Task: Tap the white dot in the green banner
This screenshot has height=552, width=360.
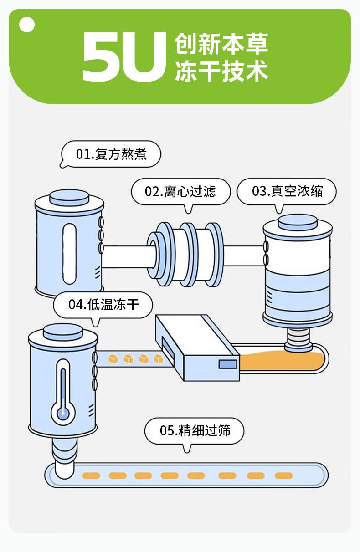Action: tap(27, 25)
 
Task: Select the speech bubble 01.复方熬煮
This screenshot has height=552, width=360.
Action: tap(111, 154)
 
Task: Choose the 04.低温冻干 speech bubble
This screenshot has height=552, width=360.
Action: tap(103, 304)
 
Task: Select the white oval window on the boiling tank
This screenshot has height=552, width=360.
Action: tap(68, 254)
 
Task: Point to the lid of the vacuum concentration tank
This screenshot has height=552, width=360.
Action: tap(298, 223)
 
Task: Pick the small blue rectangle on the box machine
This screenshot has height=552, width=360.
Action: tap(227, 364)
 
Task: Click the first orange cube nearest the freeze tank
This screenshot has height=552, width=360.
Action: tap(113, 359)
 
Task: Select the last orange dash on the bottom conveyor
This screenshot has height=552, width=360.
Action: tap(283, 476)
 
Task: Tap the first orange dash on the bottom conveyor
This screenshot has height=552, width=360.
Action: tap(91, 476)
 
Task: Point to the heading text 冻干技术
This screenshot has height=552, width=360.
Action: tap(221, 72)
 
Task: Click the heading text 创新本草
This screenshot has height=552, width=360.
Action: tap(221, 44)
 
